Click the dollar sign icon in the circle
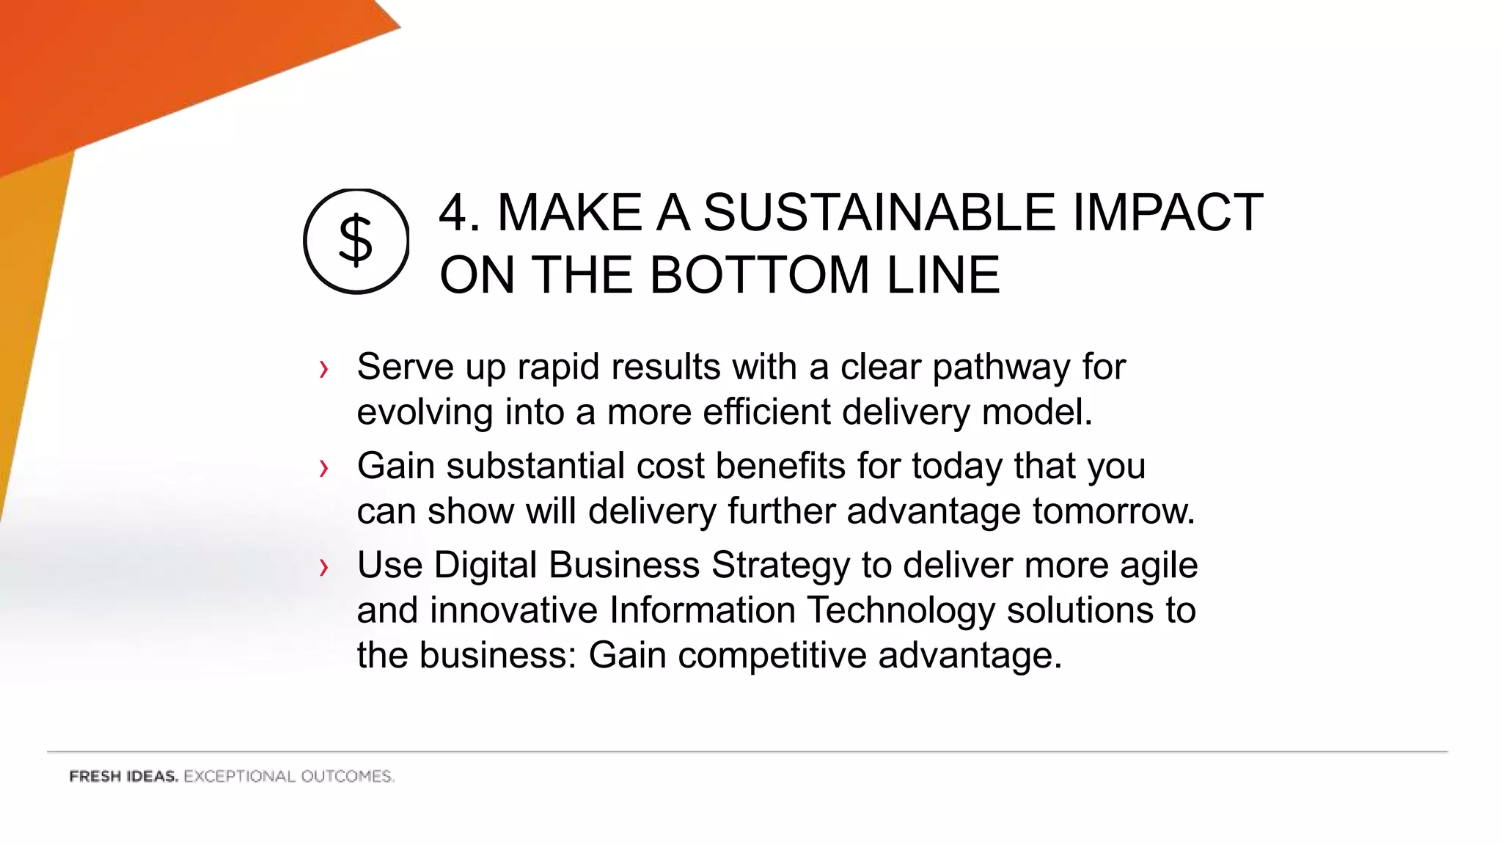tap(356, 241)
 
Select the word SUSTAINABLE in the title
tap(879, 213)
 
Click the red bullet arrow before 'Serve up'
tap(323, 369)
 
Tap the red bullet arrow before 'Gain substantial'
tap(323, 468)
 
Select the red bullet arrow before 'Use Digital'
tap(323, 567)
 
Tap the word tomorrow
tap(1113, 511)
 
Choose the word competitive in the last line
tap(772, 656)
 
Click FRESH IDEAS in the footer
tap(123, 777)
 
